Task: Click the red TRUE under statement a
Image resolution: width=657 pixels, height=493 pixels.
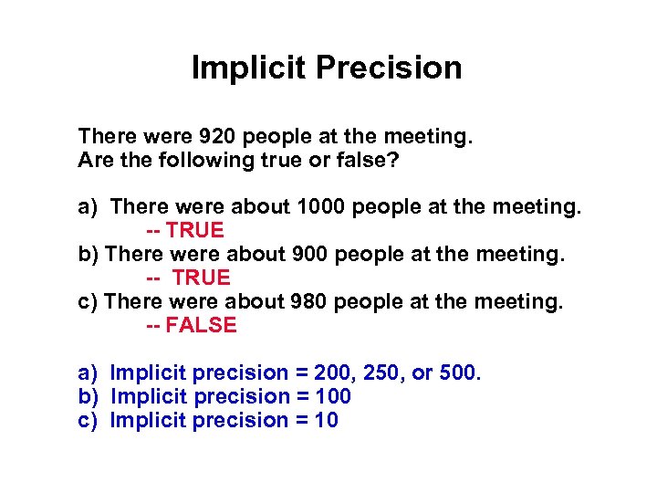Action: [195, 232]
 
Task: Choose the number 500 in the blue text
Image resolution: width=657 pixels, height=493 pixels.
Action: [458, 373]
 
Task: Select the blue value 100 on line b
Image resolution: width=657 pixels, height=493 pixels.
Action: [333, 397]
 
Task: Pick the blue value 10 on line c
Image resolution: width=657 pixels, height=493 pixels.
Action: [327, 421]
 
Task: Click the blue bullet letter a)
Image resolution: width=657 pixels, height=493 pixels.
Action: [88, 373]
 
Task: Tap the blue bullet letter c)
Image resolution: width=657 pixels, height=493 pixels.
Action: [88, 421]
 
